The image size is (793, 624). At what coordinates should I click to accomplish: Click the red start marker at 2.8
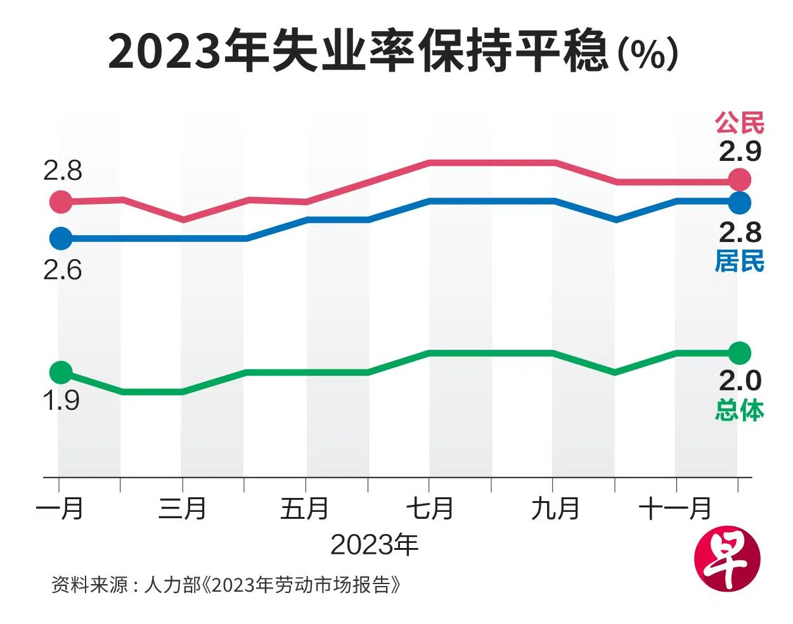pyautogui.click(x=61, y=201)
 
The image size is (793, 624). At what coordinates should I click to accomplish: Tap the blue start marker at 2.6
pyautogui.click(x=61, y=238)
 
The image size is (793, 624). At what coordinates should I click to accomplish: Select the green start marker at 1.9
pyautogui.click(x=61, y=372)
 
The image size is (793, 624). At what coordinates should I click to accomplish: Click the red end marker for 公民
pyautogui.click(x=740, y=180)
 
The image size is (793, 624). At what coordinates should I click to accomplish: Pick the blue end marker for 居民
pyautogui.click(x=740, y=203)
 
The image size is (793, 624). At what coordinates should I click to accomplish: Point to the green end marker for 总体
pyautogui.click(x=740, y=352)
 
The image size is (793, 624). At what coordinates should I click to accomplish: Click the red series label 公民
pyautogui.click(x=740, y=123)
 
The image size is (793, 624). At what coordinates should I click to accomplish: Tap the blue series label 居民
pyautogui.click(x=740, y=261)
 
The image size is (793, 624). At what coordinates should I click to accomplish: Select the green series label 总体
pyautogui.click(x=740, y=410)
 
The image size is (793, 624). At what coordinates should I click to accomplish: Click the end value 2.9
pyautogui.click(x=740, y=151)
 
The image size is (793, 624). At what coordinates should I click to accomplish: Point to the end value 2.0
pyautogui.click(x=740, y=380)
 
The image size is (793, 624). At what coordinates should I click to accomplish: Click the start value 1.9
pyautogui.click(x=61, y=400)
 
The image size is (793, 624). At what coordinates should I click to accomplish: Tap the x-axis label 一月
pyautogui.click(x=60, y=509)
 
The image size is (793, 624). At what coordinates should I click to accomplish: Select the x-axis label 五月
pyautogui.click(x=305, y=509)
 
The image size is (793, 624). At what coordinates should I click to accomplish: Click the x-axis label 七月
pyautogui.click(x=429, y=509)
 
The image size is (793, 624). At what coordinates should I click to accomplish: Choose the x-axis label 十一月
pyautogui.click(x=675, y=509)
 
